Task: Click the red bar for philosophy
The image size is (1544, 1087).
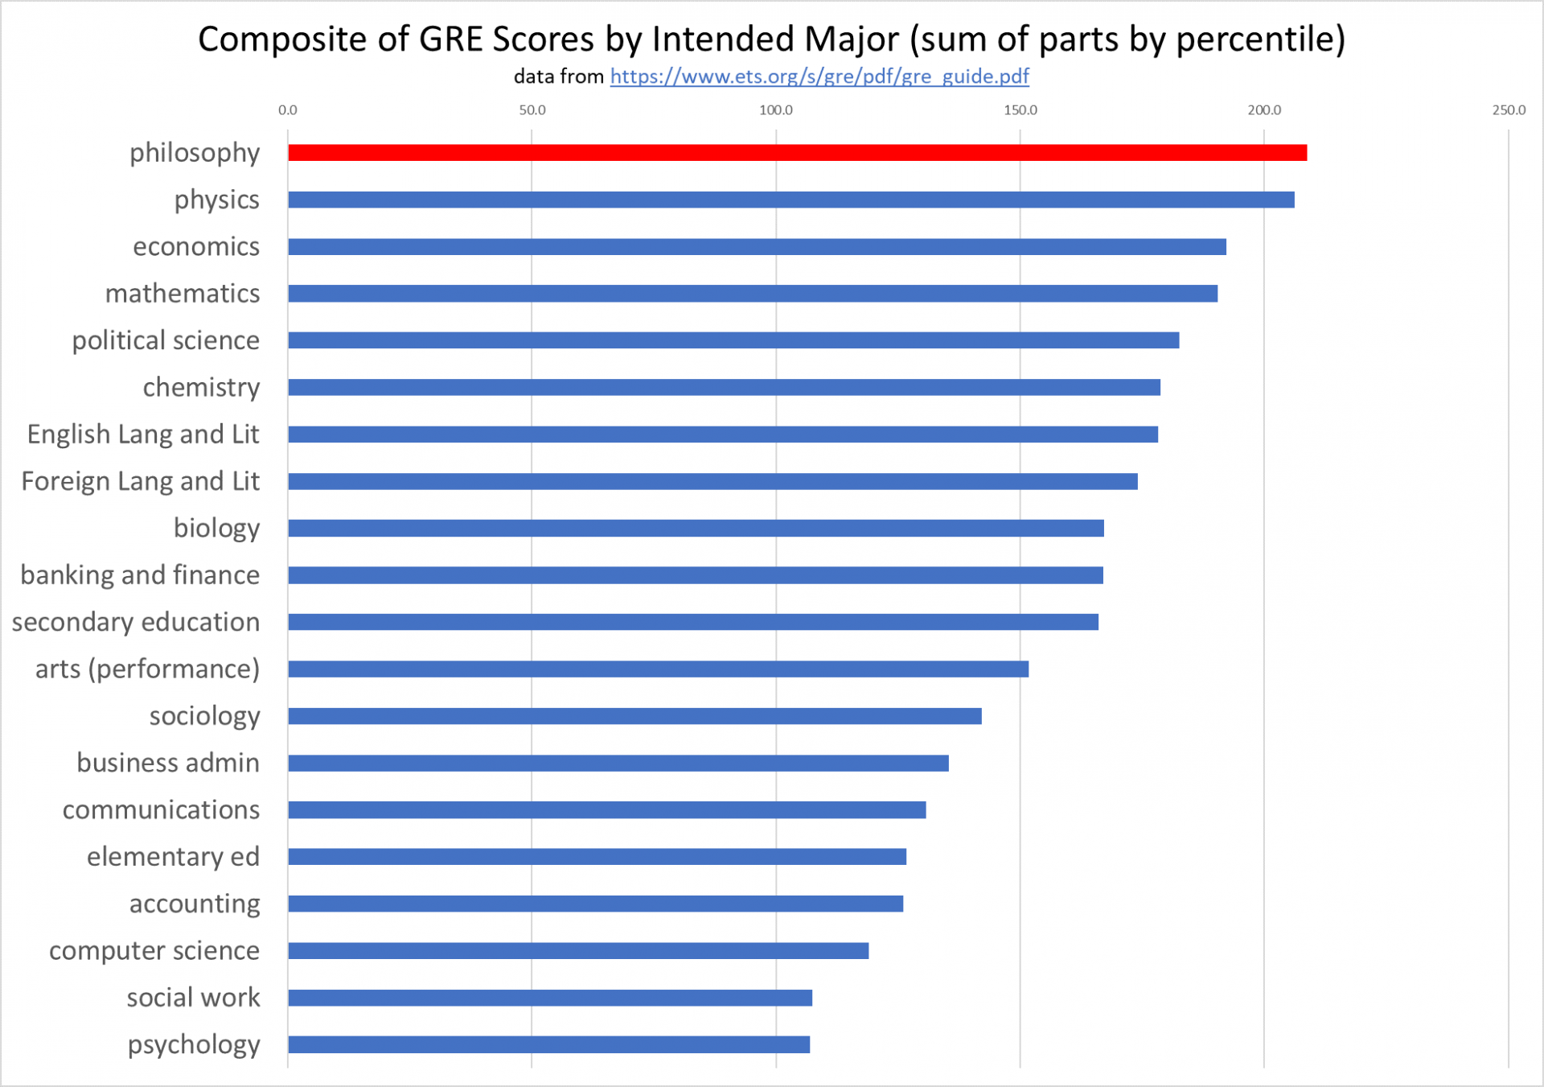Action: [x=796, y=153]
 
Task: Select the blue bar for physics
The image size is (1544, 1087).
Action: [x=790, y=200]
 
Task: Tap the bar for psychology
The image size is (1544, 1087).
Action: [x=548, y=1044]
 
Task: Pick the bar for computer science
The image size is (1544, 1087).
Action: [x=577, y=951]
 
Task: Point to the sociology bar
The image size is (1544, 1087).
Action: [x=634, y=716]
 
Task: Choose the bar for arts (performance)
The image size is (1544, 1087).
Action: [x=658, y=669]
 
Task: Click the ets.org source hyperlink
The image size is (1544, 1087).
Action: [x=819, y=76]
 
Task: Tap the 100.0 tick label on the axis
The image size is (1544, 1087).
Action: [x=776, y=110]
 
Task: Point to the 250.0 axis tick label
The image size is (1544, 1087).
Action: [x=1509, y=110]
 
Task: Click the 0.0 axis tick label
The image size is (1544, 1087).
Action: [x=288, y=110]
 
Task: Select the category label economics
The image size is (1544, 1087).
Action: [x=196, y=246]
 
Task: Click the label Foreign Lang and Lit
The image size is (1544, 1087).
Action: [x=141, y=481]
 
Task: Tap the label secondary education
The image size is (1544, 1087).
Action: [x=136, y=622]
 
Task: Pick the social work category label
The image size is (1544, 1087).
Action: [x=193, y=998]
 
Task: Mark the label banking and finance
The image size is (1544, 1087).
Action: [x=140, y=575]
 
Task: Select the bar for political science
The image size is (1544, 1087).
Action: [x=733, y=340]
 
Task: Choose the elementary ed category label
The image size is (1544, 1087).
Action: [x=173, y=857]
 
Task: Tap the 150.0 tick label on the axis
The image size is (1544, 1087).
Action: [x=1020, y=110]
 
